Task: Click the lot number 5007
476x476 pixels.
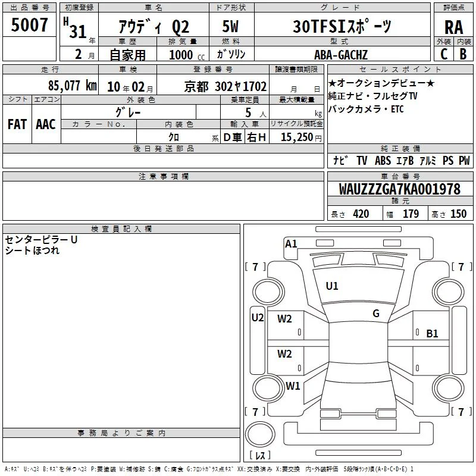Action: [29, 24]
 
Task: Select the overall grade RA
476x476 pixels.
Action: [454, 27]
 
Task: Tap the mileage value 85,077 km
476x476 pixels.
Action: [73, 85]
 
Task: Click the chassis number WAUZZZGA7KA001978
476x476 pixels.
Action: [400, 189]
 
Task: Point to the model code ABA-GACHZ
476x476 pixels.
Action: [341, 55]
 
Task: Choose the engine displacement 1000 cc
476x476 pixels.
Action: [187, 55]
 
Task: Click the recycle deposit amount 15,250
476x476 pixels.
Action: [297, 137]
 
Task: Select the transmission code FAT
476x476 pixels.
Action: [17, 124]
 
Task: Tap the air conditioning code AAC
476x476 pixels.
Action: [46, 124]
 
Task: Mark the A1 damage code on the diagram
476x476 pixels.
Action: [291, 244]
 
